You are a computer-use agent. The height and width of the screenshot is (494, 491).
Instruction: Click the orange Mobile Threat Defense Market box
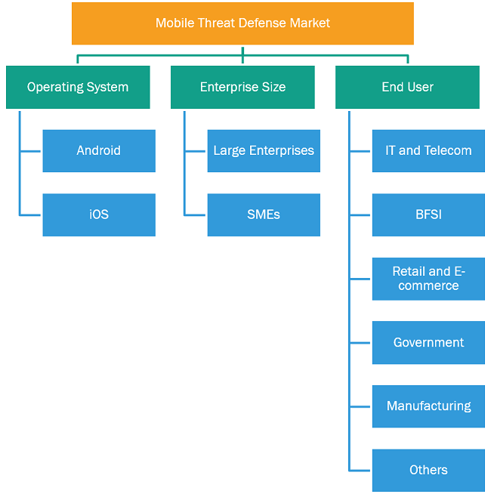pyautogui.click(x=242, y=23)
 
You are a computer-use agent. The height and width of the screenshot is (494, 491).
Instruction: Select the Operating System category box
pyautogui.click(x=78, y=88)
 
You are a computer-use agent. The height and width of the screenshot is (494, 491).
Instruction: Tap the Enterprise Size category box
pyautogui.click(x=242, y=88)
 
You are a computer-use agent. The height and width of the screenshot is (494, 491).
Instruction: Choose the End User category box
pyautogui.click(x=407, y=88)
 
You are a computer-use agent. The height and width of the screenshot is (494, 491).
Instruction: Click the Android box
pyautogui.click(x=99, y=151)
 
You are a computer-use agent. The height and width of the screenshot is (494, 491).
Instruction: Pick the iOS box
pyautogui.click(x=99, y=215)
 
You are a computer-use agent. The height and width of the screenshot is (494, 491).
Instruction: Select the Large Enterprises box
pyautogui.click(x=264, y=151)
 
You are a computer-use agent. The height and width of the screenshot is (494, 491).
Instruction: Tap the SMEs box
pyautogui.click(x=264, y=215)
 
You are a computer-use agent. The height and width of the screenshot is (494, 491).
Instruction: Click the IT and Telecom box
pyautogui.click(x=428, y=151)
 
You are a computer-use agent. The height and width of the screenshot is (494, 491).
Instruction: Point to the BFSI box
pyautogui.click(x=428, y=215)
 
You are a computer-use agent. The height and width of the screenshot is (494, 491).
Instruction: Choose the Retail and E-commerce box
pyautogui.click(x=428, y=279)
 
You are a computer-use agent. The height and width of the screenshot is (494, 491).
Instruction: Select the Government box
pyautogui.click(x=428, y=343)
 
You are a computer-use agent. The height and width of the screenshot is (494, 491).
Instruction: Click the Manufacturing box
pyautogui.click(x=428, y=406)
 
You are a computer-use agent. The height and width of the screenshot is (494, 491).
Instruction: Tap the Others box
pyautogui.click(x=428, y=471)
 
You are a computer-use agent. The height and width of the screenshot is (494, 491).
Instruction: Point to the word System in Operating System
pyautogui.click(x=107, y=88)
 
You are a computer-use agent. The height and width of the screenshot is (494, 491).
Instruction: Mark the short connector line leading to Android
pyautogui.click(x=30, y=151)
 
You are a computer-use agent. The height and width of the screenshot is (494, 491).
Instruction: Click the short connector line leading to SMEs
pyautogui.click(x=196, y=215)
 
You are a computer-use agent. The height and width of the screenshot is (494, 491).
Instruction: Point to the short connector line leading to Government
pyautogui.click(x=360, y=343)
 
